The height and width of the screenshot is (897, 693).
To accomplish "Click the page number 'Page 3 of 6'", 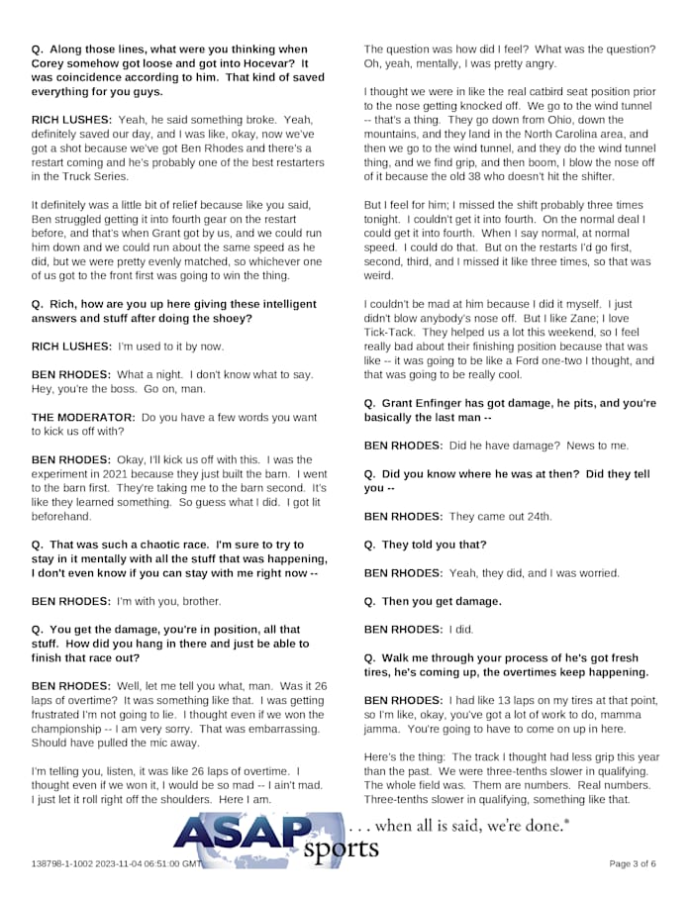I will tap(632, 863).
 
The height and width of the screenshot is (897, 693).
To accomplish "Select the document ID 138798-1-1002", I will tap(65, 863).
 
